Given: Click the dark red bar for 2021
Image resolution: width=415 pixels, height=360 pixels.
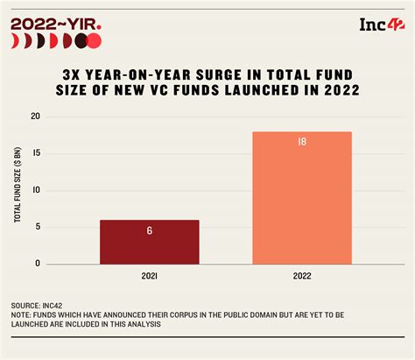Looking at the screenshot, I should (x=150, y=242).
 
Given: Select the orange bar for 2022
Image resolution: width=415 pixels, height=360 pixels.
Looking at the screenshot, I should (x=301, y=197).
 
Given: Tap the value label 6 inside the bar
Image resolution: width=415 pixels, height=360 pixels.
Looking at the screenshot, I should (x=150, y=231).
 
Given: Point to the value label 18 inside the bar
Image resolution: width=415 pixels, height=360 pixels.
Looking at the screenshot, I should (x=301, y=142).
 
